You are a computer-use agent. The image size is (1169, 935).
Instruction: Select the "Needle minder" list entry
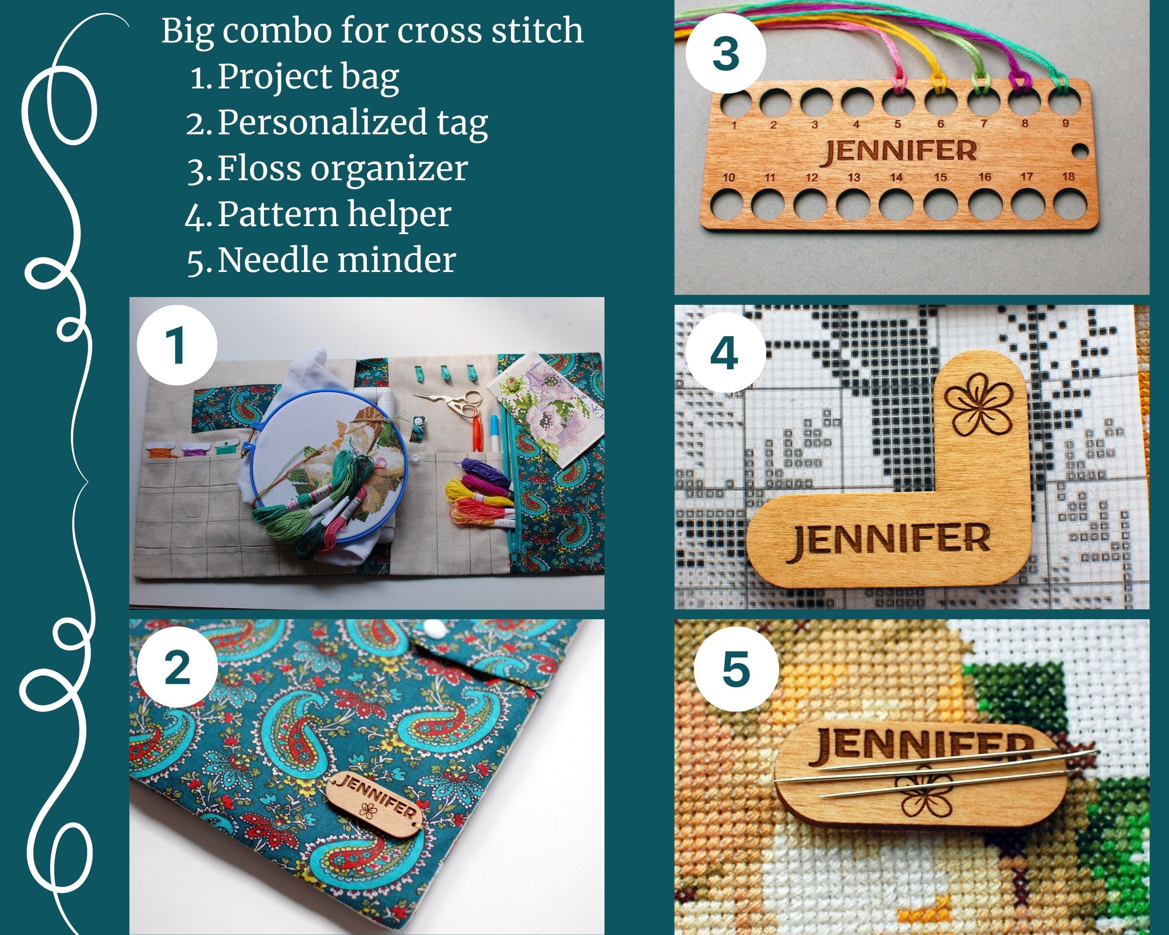[336, 260]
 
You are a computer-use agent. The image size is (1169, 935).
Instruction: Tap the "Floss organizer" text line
[342, 169]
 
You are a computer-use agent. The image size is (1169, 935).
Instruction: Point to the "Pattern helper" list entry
[334, 215]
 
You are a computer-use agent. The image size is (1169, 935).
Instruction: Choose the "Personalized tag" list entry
[352, 122]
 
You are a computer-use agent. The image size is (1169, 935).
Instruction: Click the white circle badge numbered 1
[177, 345]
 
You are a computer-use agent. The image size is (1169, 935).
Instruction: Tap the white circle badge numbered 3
[726, 54]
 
